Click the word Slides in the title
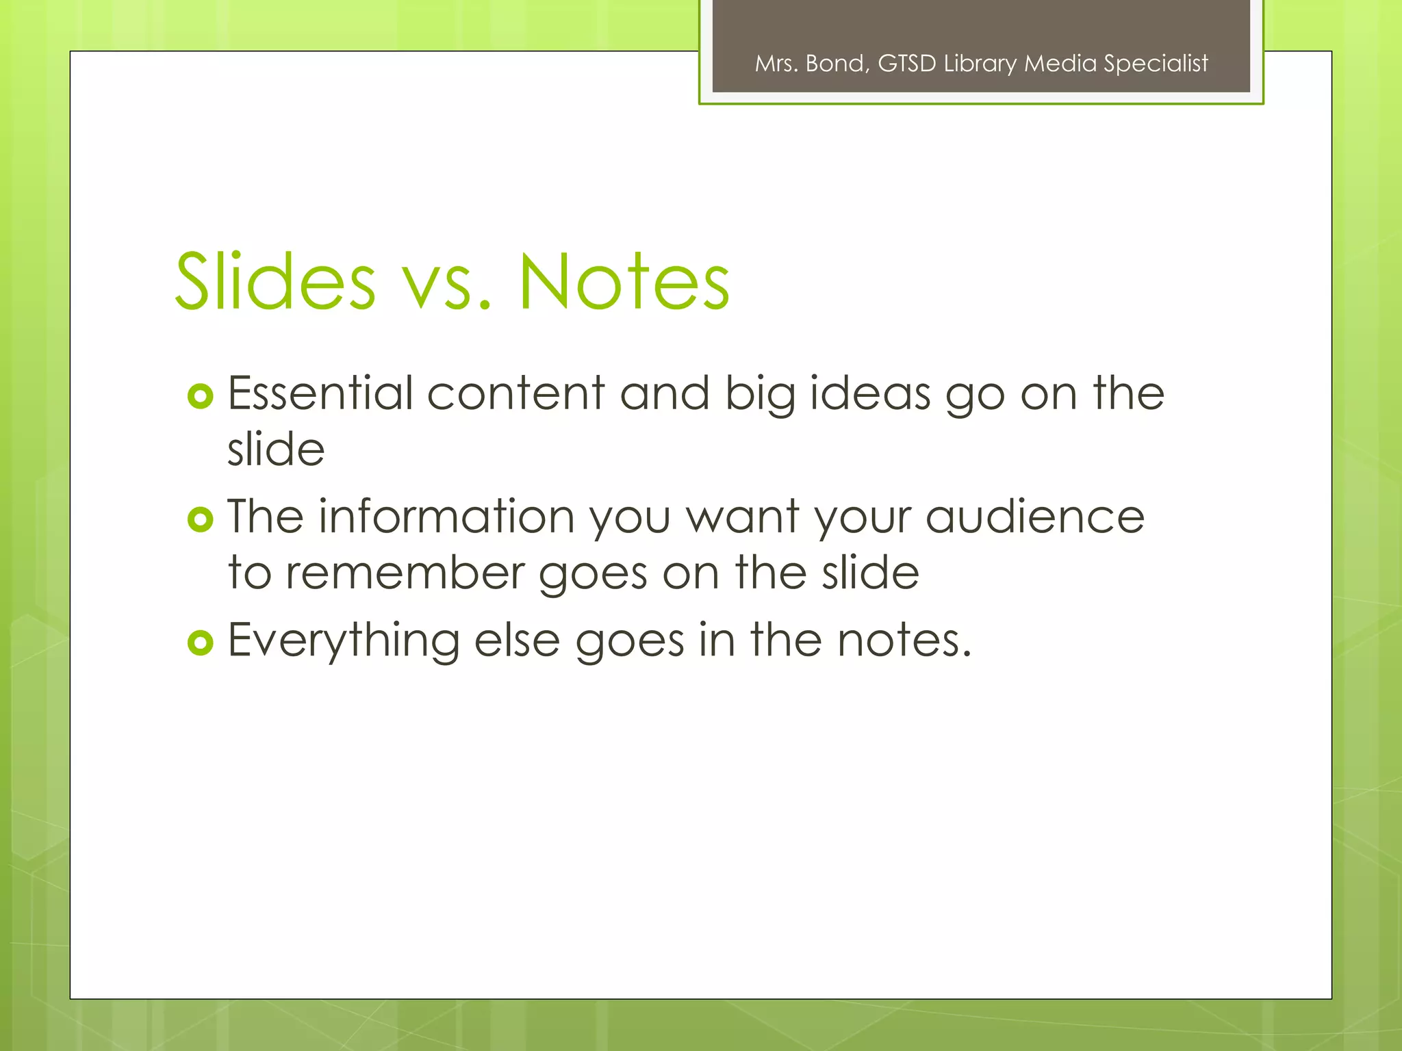pos(275,281)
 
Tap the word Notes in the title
pos(624,281)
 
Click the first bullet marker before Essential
pos(200,396)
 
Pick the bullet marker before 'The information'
pos(200,520)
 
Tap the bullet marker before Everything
pos(200,643)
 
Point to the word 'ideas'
pos(869,395)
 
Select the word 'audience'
pos(1034,517)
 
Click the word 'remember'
pos(403,573)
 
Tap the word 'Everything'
pos(344,642)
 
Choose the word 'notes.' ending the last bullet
pos(904,641)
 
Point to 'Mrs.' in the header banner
pos(776,64)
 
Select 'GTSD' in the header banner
pos(906,64)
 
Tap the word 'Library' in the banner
pos(980,64)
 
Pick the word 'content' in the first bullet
pos(515,394)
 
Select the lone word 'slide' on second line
pos(276,450)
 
